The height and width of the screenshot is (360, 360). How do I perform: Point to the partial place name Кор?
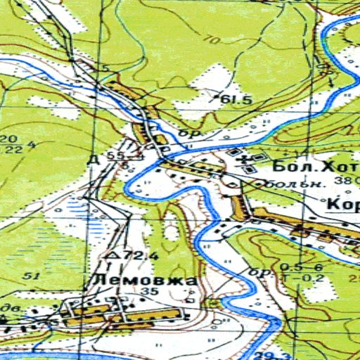point(343,205)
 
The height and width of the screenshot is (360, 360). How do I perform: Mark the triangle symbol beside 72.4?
point(110,255)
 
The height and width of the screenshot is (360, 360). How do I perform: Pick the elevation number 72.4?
point(129,255)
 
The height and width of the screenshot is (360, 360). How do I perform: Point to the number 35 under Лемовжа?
point(148,292)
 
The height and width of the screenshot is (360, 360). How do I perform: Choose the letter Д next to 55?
point(92,159)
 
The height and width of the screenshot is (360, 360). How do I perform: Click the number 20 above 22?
point(11,138)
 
